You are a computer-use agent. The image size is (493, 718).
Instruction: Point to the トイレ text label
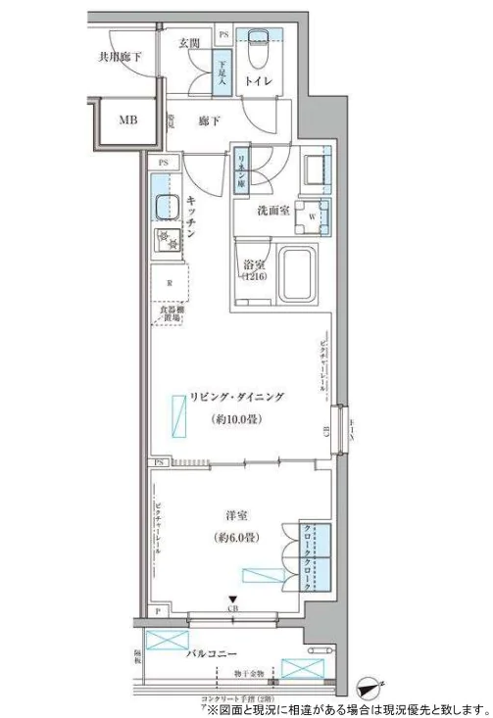(x=259, y=83)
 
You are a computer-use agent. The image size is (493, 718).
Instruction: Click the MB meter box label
(x=128, y=121)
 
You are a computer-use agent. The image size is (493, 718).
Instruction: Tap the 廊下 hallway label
(x=208, y=120)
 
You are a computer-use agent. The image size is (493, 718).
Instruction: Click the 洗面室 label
(x=272, y=213)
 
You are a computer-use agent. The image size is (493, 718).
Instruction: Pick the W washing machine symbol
(x=313, y=215)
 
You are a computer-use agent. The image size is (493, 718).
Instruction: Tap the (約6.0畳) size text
(x=235, y=538)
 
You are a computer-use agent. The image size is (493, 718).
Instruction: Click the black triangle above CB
(x=232, y=600)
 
